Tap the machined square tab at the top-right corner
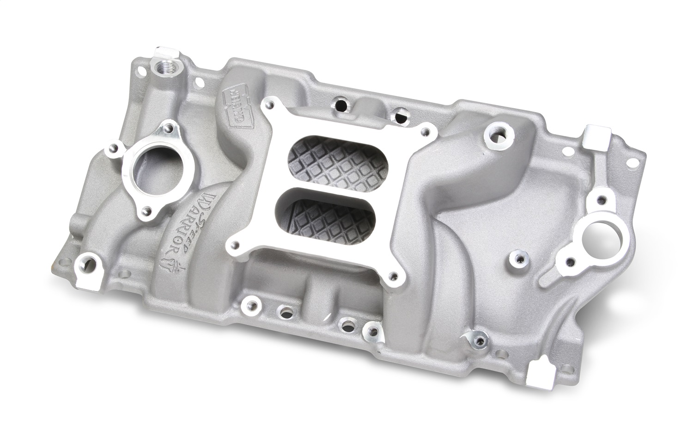point(594,134)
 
